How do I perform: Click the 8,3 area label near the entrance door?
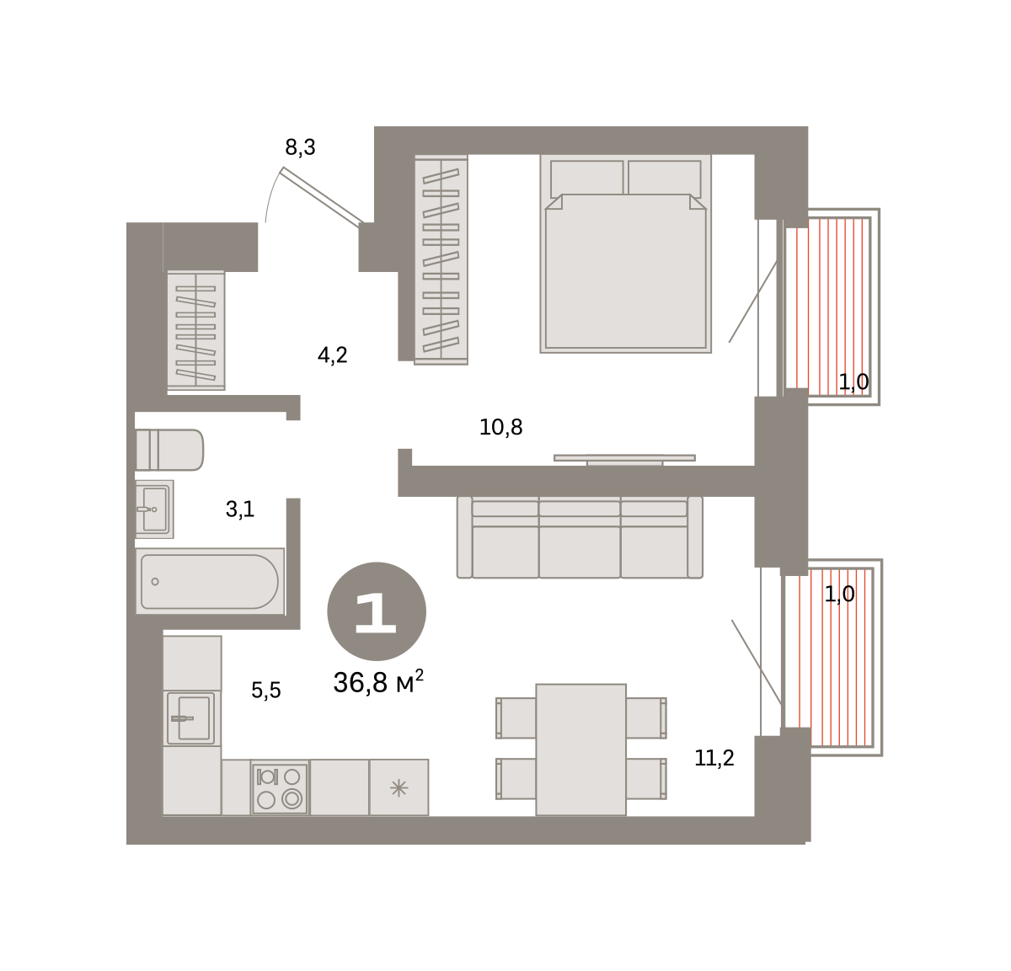pos(300,148)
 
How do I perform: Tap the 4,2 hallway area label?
pos(333,355)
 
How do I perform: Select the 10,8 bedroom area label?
pos(500,427)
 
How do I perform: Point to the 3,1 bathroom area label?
pos(240,510)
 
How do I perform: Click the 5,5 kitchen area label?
pos(266,690)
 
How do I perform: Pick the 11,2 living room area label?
pos(714,758)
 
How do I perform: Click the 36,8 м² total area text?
pos(378,682)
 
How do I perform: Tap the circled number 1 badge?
pos(377,611)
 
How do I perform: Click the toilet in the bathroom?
pos(169,450)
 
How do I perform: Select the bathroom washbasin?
pos(154,509)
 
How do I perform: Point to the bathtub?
pos(210,582)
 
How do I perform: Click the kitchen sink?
pos(191,718)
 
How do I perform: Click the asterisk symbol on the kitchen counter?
pos(399,789)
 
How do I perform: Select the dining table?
pos(580,750)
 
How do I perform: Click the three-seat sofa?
pos(580,537)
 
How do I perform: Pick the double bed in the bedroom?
pos(625,254)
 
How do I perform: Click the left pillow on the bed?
pos(587,178)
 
